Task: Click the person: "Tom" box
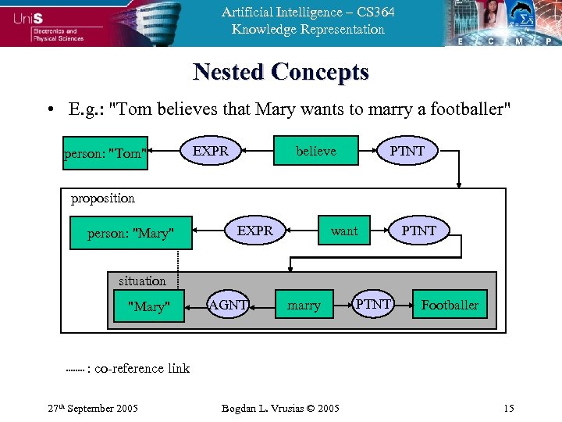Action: (105, 153)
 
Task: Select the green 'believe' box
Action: (315, 151)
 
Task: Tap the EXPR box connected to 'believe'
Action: (211, 151)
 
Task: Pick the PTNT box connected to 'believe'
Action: (407, 151)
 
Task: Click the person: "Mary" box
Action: (130, 233)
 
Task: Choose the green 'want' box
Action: (343, 231)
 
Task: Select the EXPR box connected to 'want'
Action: (254, 231)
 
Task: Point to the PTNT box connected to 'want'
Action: (419, 231)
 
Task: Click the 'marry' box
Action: (304, 306)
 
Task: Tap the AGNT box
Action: (228, 305)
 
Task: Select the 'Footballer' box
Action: (450, 305)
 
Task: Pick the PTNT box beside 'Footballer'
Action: (373, 304)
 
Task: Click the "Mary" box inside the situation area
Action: (148, 306)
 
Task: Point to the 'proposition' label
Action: (103, 198)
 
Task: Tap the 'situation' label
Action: (142, 281)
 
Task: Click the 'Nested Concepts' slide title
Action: (280, 72)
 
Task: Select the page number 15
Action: (508, 408)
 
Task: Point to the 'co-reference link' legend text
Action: (141, 368)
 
